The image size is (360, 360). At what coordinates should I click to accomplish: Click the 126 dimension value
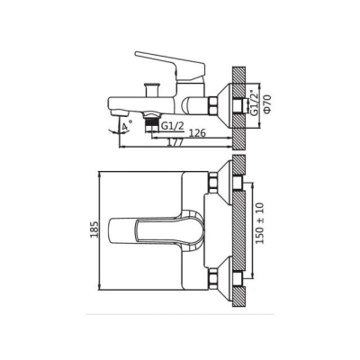[x=197, y=133]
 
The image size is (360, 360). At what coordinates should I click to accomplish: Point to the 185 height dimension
[x=94, y=229]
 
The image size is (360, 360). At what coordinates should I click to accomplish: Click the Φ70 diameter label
[x=267, y=103]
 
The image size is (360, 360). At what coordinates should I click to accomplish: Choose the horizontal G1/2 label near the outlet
[x=172, y=126]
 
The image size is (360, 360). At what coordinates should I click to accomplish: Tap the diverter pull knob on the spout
[x=152, y=89]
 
